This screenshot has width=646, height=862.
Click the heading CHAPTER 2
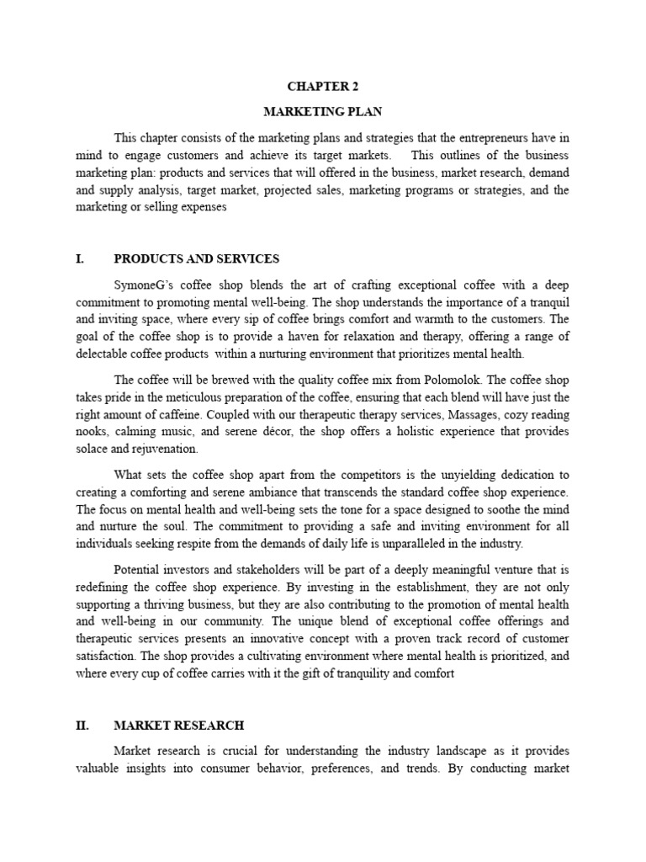click(323, 85)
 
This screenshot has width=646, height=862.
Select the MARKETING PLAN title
click(323, 111)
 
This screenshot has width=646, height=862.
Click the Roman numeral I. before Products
click(80, 258)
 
